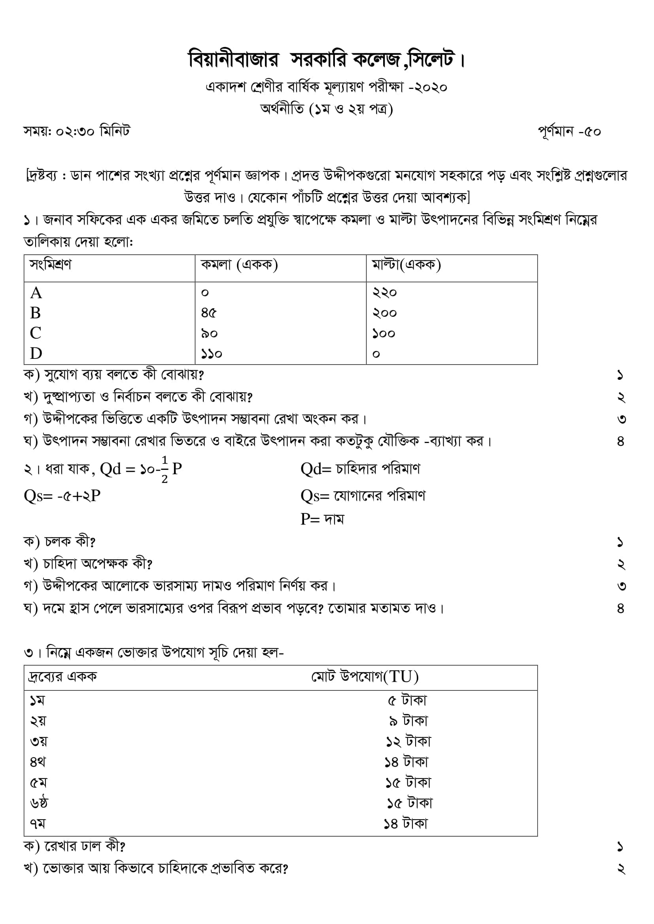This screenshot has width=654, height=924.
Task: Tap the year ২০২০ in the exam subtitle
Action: point(431,87)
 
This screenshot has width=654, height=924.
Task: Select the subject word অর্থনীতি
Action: point(282,109)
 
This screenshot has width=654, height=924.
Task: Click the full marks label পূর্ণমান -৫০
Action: point(569,132)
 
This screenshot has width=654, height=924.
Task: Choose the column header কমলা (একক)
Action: point(239,265)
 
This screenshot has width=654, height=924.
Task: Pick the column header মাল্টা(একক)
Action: point(406,265)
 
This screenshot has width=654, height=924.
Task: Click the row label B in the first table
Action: point(36,313)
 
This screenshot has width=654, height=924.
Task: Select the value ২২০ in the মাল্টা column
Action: point(384,292)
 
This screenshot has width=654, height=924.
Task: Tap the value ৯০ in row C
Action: point(210,334)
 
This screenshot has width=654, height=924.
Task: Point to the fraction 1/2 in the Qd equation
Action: point(164,469)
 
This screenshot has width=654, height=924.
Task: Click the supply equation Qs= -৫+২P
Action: point(62,496)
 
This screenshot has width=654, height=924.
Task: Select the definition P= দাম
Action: point(322,520)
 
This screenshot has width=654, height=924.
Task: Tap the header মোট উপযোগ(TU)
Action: point(365,677)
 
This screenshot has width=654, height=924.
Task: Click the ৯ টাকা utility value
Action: point(408,721)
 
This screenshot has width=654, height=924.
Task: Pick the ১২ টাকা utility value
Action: point(408,741)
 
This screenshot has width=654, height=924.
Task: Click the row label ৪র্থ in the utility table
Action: point(38,762)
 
